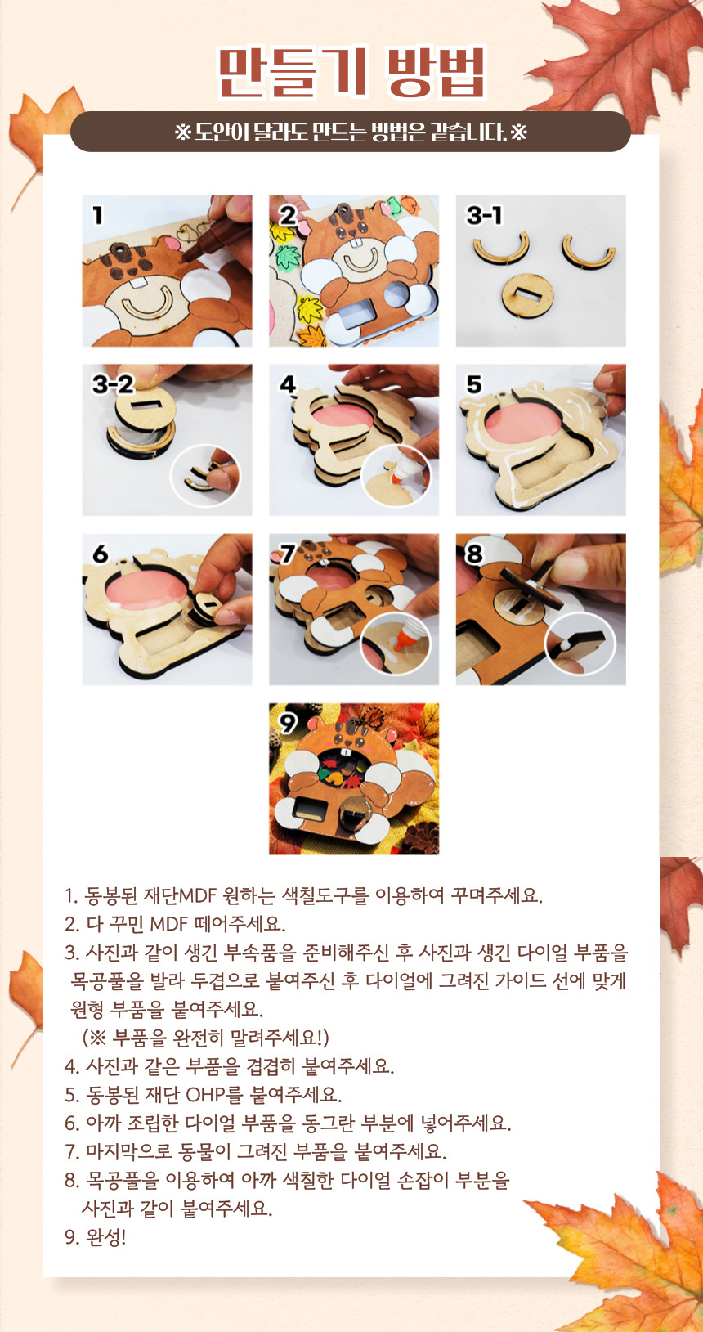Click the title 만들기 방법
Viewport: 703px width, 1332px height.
click(351, 73)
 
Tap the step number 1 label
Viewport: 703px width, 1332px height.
click(97, 215)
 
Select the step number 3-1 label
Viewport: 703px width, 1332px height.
click(484, 215)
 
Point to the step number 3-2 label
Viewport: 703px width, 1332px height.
click(113, 384)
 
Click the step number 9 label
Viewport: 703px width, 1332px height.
click(288, 723)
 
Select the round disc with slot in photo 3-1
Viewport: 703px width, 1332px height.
click(528, 295)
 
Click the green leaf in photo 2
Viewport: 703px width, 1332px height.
click(289, 256)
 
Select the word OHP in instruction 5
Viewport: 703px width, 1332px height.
click(205, 1094)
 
